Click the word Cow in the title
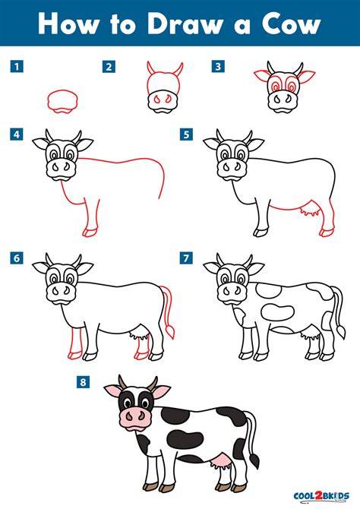292,24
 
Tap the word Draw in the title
185,24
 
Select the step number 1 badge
17,67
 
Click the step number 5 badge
186,134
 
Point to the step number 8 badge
83,381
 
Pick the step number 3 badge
218,67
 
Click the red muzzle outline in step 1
62,102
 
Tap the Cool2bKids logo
321,496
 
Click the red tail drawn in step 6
168,311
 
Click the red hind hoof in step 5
327,232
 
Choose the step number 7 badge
186,258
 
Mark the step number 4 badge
17,134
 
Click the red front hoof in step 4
90,232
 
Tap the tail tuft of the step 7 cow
341,332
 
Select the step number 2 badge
109,67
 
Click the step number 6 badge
17,258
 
